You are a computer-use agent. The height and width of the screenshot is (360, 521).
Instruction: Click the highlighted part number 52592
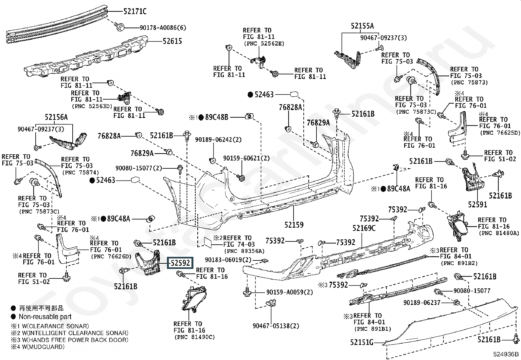click(x=180, y=263)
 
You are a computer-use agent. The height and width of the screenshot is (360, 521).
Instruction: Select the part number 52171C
click(x=135, y=12)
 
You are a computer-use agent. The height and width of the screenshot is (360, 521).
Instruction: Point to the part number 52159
click(x=294, y=225)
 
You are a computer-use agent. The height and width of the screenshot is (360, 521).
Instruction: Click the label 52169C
click(x=364, y=228)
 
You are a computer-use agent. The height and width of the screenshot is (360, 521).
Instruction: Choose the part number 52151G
click(x=361, y=342)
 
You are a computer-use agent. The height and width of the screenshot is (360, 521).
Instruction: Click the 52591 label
click(x=477, y=204)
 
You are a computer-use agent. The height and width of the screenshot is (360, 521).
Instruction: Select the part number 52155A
click(x=362, y=26)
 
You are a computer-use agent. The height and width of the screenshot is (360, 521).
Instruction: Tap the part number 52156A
click(x=56, y=118)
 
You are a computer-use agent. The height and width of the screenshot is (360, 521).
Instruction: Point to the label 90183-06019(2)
click(x=228, y=260)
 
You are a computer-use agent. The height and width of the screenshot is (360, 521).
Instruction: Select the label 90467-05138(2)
click(x=276, y=326)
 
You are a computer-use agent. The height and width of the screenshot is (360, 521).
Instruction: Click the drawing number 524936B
click(x=506, y=354)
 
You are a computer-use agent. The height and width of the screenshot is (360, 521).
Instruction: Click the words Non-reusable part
click(x=45, y=317)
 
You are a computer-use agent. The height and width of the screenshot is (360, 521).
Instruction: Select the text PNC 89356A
click(x=244, y=251)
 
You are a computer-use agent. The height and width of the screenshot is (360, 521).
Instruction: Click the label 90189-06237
click(x=422, y=303)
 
